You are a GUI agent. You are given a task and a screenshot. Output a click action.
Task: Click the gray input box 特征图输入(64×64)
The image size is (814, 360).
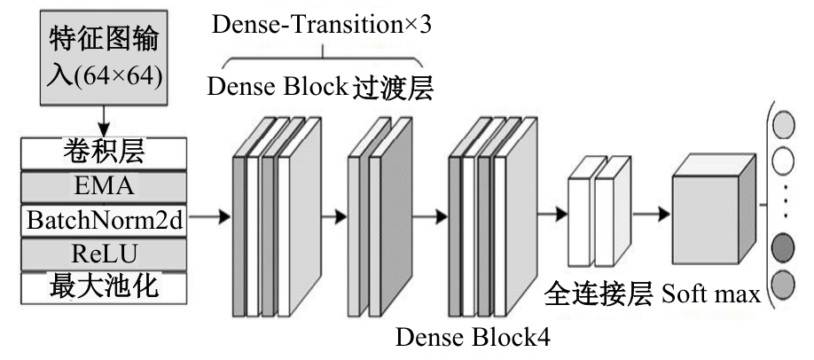(x=104, y=58)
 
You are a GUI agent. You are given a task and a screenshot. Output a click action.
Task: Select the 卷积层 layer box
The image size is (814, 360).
(x=104, y=153)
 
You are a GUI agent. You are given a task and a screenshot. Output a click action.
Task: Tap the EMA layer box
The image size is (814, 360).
(x=104, y=186)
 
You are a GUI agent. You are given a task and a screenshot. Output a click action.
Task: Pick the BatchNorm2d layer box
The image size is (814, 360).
(x=104, y=220)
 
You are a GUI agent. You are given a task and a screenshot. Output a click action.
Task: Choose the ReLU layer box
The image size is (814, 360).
(x=104, y=254)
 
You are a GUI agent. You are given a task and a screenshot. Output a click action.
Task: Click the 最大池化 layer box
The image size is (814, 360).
(x=104, y=287)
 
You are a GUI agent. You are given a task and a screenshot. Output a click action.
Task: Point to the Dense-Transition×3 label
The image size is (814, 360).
(x=321, y=25)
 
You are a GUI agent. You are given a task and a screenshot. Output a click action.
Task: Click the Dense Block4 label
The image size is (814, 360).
(x=473, y=337)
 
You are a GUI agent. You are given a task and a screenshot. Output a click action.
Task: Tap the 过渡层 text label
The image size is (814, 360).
(x=393, y=88)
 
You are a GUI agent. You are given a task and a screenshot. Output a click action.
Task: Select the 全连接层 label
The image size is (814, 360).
(x=598, y=294)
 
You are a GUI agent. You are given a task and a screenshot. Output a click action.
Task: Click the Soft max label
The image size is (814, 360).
(x=711, y=294)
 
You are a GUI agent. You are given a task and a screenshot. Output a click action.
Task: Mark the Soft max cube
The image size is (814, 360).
(x=713, y=209)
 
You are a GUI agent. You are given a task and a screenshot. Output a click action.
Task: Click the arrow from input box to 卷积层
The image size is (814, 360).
(x=104, y=121)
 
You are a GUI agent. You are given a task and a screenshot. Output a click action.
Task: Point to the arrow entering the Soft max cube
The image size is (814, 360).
(x=652, y=214)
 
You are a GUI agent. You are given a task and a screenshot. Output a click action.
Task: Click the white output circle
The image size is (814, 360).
(x=783, y=161)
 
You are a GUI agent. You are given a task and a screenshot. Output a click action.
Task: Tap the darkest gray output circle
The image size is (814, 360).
(x=783, y=247)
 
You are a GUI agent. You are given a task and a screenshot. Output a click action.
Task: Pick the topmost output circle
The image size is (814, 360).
(x=783, y=125)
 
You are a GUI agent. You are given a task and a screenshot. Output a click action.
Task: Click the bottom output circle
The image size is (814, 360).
(x=783, y=285)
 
